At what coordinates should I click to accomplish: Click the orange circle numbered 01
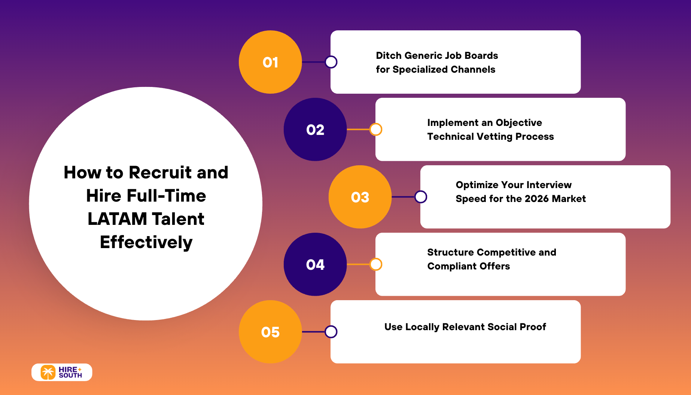pos(270,62)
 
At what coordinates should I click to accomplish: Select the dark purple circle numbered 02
pos(315,130)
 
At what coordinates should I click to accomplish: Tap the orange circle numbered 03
pos(360,197)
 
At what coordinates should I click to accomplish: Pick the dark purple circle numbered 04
pos(315,265)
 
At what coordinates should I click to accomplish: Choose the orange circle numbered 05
pos(270,332)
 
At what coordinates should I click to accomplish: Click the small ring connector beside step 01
pos(331,62)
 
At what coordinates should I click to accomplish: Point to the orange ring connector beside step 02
pos(376,129)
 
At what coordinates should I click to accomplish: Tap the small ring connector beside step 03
pos(421,197)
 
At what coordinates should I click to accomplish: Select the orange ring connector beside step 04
pos(376,264)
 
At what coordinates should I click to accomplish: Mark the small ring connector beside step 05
pos(331,332)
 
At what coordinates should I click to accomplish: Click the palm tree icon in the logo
pos(48,373)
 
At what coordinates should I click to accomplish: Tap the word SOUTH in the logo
pos(70,376)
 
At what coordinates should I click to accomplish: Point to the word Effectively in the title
pos(146,242)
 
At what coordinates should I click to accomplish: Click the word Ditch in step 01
pos(388,55)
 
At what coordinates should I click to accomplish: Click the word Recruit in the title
pos(160,172)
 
